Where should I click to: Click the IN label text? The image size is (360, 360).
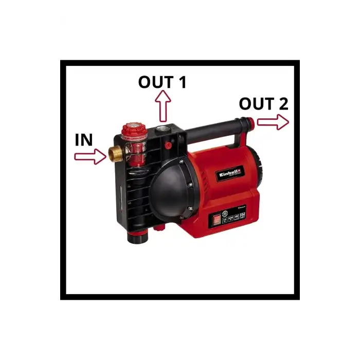[x=84, y=140]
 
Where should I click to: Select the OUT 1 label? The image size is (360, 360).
[x=162, y=82]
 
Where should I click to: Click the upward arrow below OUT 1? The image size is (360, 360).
[x=164, y=107]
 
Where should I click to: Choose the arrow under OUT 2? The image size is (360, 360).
[x=273, y=122]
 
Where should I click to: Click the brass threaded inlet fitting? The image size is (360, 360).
[x=115, y=153]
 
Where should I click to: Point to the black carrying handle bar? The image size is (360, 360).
[x=216, y=125]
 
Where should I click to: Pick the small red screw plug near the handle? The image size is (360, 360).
[x=168, y=146]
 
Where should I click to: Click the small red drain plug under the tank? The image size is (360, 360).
[x=158, y=225]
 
